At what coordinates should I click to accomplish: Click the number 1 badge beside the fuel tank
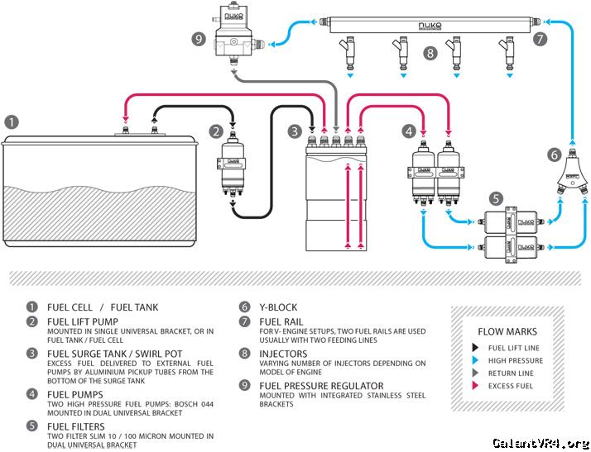11,121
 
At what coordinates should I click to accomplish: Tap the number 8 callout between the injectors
429,55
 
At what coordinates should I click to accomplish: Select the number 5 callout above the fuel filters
495,198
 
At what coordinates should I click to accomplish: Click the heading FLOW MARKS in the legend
507,331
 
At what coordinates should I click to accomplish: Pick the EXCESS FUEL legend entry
510,385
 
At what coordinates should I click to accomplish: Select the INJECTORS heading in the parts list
285,354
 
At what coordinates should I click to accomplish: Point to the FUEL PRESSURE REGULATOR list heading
321,386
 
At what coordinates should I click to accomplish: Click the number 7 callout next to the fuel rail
541,38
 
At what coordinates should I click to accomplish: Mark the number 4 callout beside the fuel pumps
408,131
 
